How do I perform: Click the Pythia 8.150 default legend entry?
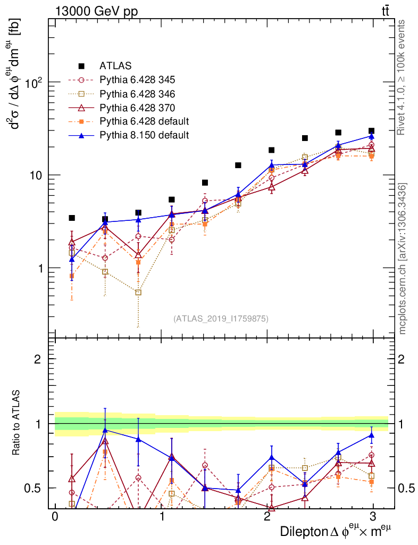click(144, 135)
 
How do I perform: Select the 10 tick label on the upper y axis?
click(36, 175)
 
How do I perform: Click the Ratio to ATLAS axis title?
click(17, 424)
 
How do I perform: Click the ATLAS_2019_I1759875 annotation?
click(221, 319)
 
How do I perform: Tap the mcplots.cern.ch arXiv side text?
click(403, 259)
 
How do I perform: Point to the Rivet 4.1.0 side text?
click(403, 77)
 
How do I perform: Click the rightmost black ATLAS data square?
click(371, 131)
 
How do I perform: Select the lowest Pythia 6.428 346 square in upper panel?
click(138, 292)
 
